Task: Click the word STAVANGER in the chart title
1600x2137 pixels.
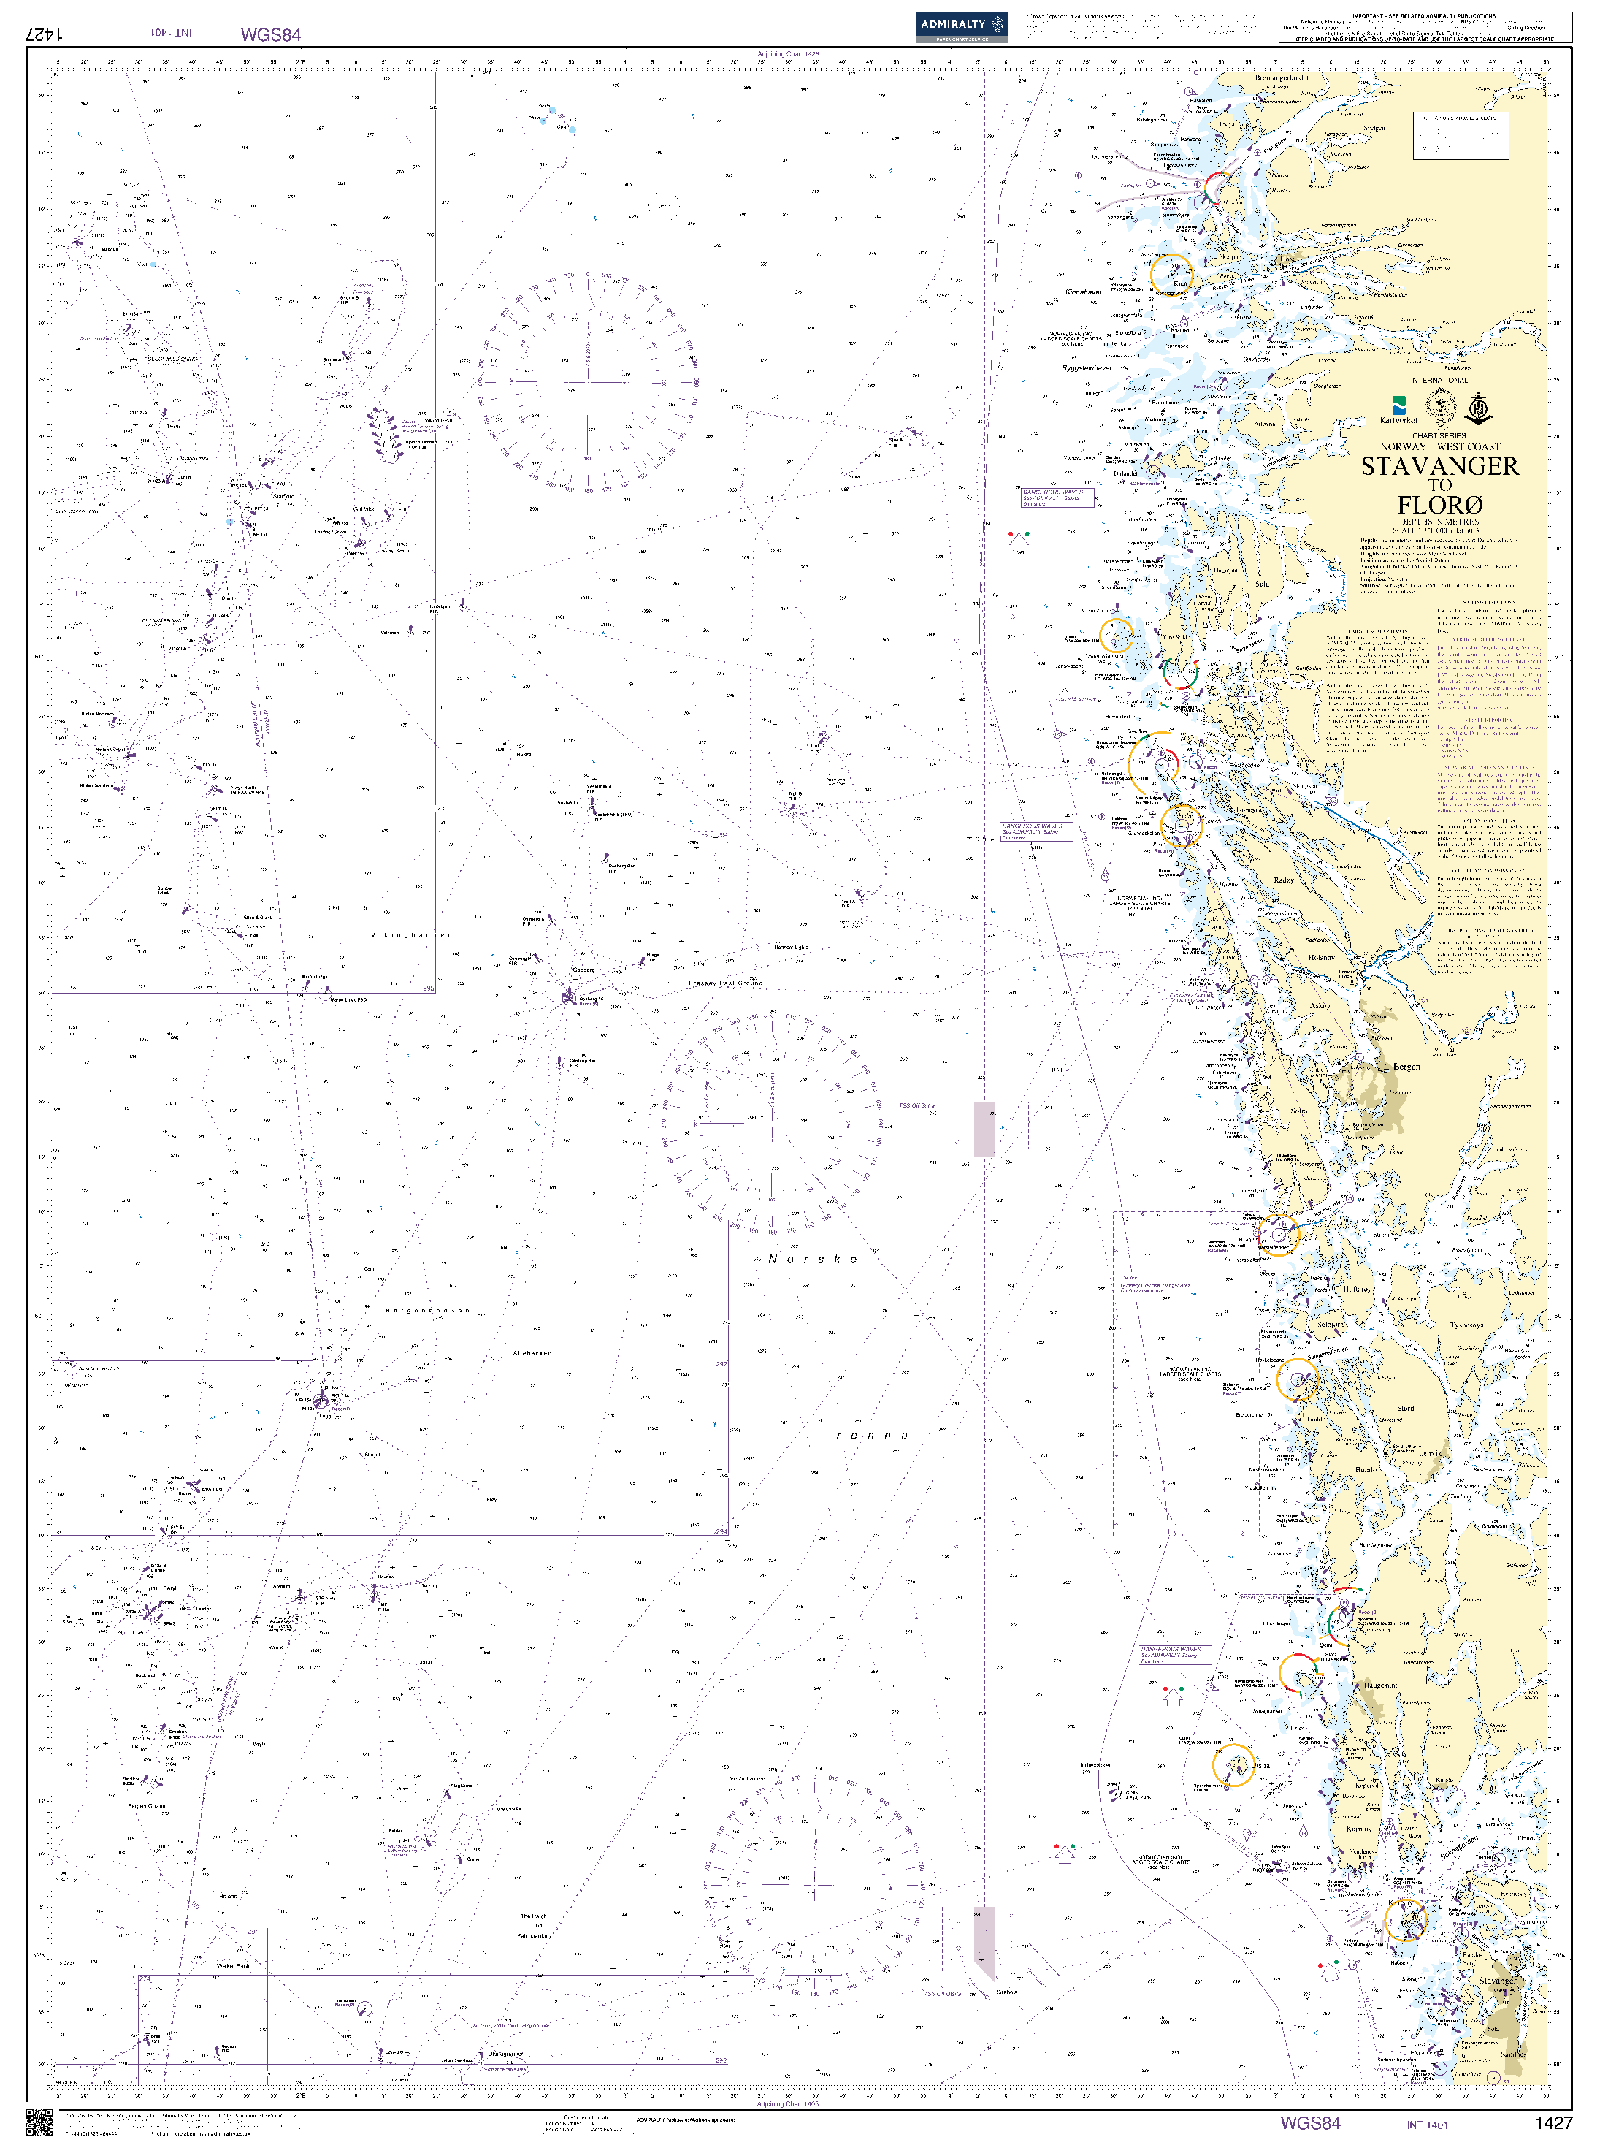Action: tap(1439, 467)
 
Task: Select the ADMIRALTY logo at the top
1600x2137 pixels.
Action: tap(961, 26)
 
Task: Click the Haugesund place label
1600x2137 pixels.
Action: tap(1381, 1685)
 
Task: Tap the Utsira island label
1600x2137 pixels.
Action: tap(1261, 1765)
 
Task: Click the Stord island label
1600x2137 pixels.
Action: tap(1405, 1408)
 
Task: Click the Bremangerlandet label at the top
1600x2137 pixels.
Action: tap(1282, 78)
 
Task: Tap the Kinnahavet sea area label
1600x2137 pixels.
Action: tap(1082, 292)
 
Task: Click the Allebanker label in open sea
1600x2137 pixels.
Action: tap(532, 1354)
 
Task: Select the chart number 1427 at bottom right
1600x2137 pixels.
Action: tap(1553, 2122)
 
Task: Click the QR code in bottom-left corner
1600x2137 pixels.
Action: tap(39, 2122)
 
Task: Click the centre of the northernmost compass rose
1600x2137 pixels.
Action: tap(587, 381)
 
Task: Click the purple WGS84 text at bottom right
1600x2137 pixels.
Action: tap(1309, 2122)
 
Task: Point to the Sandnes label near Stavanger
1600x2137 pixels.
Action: tap(1513, 2080)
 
